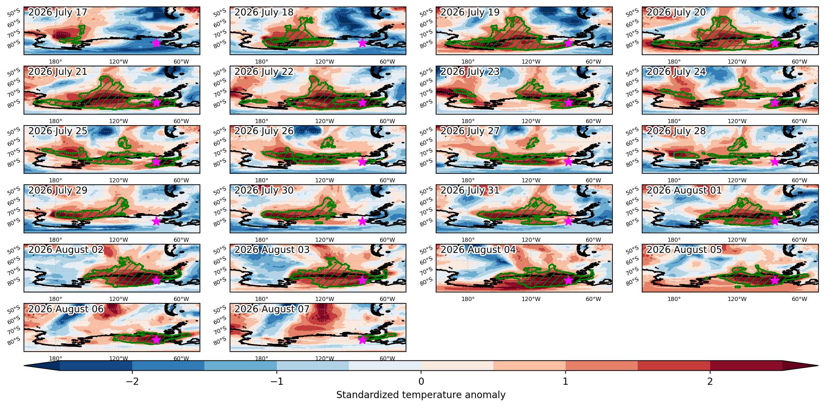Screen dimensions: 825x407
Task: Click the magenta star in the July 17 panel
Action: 156,43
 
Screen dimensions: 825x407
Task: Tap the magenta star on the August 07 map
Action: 362,340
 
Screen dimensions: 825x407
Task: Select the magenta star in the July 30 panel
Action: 362,221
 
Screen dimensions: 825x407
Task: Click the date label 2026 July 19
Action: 470,12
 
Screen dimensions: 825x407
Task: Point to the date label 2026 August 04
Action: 478,250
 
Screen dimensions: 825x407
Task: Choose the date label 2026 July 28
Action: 676,131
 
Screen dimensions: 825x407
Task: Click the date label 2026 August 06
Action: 66,309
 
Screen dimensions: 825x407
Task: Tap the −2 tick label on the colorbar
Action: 132,381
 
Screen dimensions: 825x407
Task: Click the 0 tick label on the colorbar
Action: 421,381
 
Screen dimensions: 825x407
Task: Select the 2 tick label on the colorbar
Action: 710,381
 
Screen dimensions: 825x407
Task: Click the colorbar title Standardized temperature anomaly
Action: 421,395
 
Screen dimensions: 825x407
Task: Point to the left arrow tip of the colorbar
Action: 24,366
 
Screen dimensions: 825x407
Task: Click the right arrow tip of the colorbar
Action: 818,366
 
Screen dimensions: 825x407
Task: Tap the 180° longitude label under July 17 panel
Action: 56,62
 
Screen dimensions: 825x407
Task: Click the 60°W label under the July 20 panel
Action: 799,62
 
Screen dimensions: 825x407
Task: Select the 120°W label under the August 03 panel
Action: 324,299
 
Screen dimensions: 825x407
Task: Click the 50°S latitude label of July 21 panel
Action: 14,72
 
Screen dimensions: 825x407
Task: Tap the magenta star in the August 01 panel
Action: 775,221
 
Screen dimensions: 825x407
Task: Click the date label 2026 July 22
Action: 264,72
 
